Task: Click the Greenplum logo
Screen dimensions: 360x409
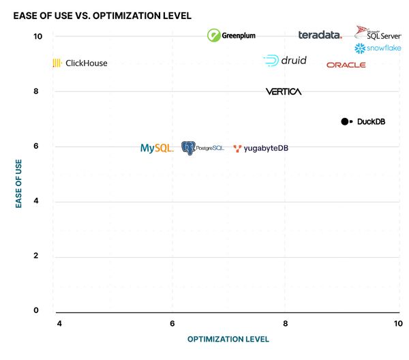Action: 232,35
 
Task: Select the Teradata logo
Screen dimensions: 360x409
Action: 320,35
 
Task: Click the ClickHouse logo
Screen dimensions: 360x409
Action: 80,63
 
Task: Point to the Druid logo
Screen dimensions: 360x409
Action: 285,61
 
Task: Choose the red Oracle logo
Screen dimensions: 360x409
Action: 346,65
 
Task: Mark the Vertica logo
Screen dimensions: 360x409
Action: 284,91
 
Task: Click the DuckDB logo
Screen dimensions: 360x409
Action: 363,121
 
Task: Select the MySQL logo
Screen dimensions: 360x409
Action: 157,148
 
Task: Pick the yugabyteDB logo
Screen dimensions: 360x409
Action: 260,149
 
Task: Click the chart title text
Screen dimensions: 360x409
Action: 102,15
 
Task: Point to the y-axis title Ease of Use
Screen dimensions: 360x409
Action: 19,183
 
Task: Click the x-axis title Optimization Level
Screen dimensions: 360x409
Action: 228,339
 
